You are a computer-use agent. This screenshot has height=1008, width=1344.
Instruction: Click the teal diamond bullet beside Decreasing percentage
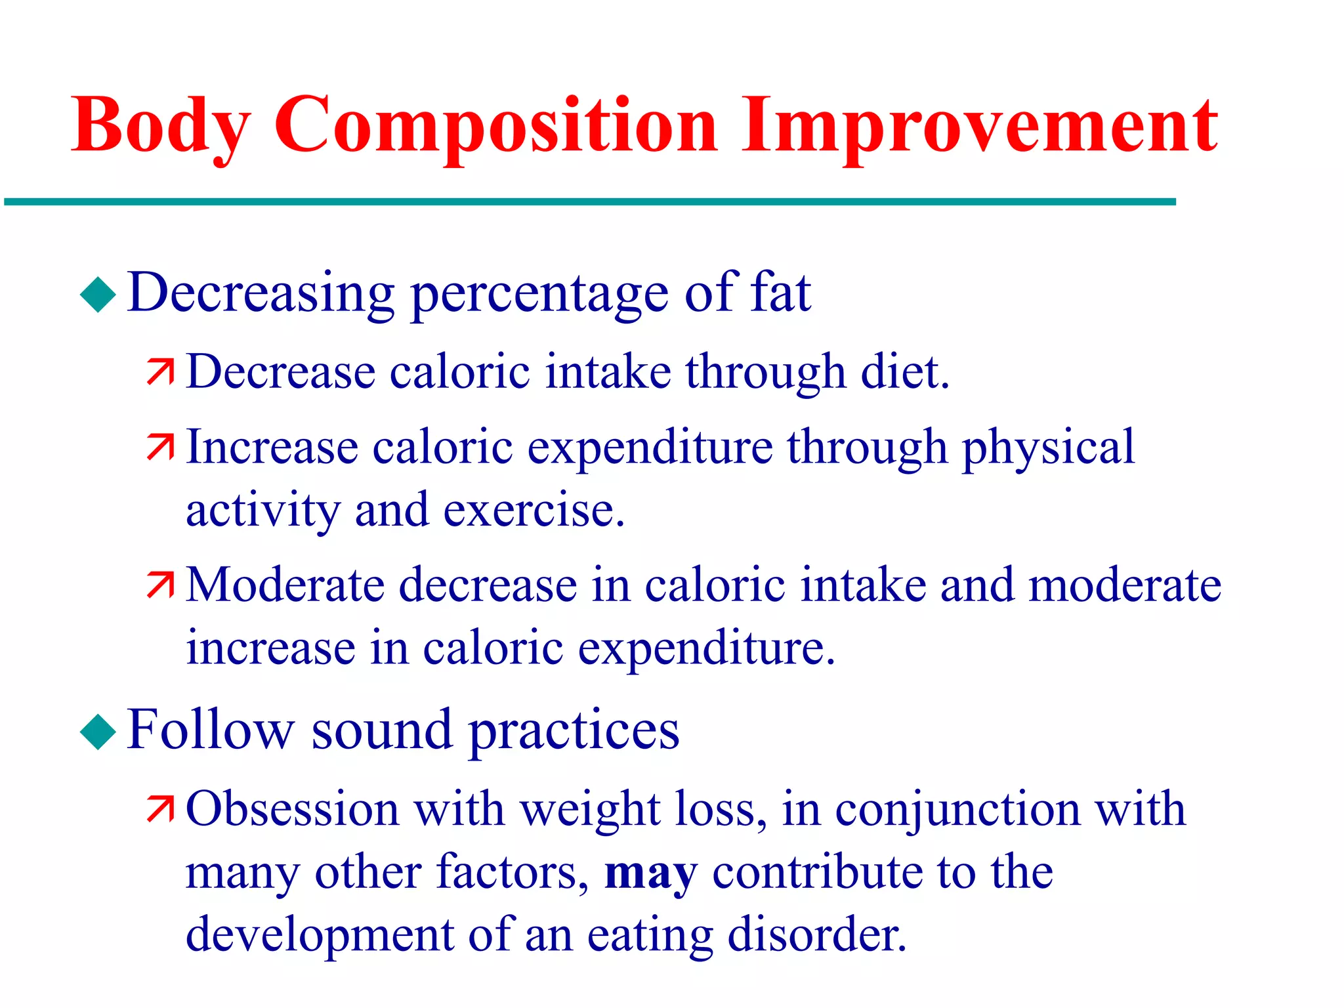[x=98, y=294]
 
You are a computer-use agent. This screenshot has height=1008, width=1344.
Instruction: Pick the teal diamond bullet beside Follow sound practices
[x=98, y=731]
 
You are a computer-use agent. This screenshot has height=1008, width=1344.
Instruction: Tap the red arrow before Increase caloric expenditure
[x=160, y=447]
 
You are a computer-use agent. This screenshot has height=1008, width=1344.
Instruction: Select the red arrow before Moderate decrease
[x=160, y=585]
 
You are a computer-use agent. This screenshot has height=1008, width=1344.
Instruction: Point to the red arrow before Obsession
[x=160, y=808]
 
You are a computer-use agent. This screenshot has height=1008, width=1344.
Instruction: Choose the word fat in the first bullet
[x=781, y=292]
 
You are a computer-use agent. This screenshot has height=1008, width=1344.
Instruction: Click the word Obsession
[x=293, y=808]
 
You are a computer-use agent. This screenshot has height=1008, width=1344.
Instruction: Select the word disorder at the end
[x=817, y=934]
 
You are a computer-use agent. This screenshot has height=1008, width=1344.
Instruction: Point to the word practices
[x=574, y=731]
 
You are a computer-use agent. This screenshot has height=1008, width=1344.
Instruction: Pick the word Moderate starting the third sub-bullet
[x=285, y=585]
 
